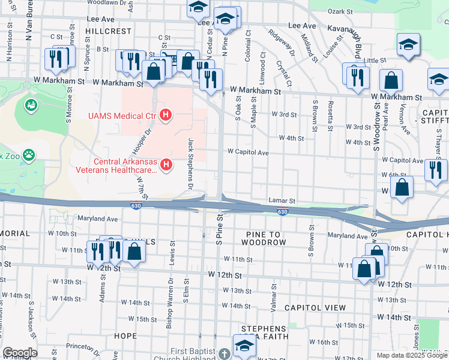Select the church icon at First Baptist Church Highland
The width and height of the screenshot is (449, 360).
(x=224, y=354)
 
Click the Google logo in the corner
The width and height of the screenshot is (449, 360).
(x=20, y=353)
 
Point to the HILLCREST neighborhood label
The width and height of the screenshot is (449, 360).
(x=107, y=30)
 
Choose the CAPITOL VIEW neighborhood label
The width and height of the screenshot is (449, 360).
(x=315, y=307)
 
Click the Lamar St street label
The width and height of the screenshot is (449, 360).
(x=283, y=202)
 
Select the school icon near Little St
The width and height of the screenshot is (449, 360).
(x=408, y=45)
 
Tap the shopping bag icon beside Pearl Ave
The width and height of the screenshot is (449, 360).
(x=391, y=80)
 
